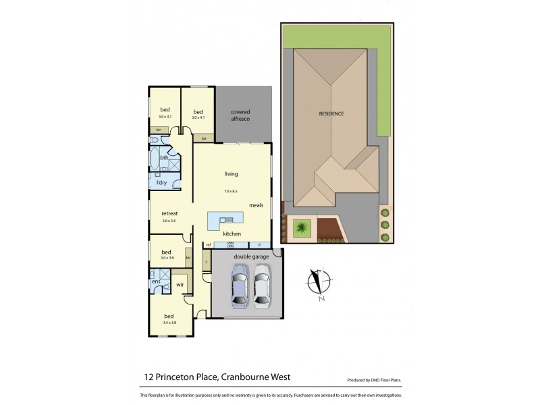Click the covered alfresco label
pyautogui.click(x=240, y=114)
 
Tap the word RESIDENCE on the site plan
pyautogui.click(x=331, y=113)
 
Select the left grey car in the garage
pyautogui.click(x=240, y=285)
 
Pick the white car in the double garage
pyautogui.click(x=261, y=285)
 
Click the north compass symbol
pyautogui.click(x=318, y=284)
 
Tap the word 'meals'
pyautogui.click(x=256, y=205)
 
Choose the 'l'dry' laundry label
pyautogui.click(x=161, y=182)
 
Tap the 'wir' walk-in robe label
pyautogui.click(x=180, y=286)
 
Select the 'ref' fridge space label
pyautogui.click(x=209, y=244)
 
